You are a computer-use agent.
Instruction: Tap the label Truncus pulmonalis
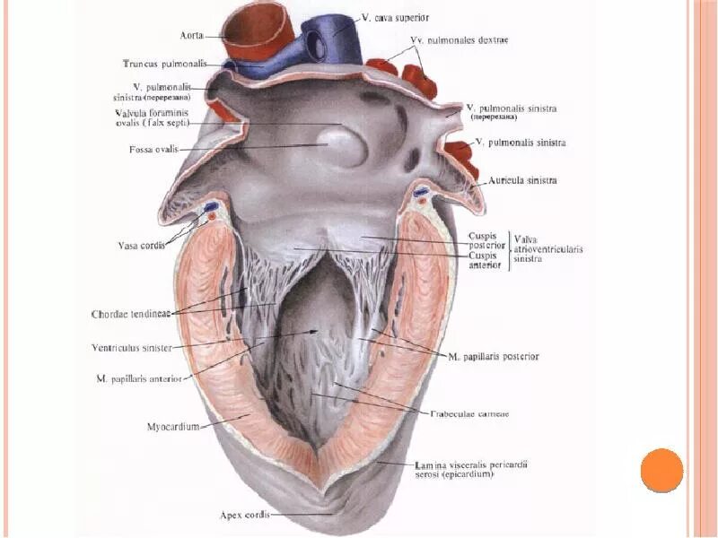point(165,64)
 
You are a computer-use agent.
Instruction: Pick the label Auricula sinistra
point(523,180)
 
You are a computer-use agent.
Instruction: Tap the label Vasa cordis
point(142,246)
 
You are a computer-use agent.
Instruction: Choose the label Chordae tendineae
point(132,314)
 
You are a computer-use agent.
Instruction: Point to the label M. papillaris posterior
point(494,356)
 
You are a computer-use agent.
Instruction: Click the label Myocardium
point(172,427)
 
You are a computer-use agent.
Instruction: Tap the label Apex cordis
point(244,515)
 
